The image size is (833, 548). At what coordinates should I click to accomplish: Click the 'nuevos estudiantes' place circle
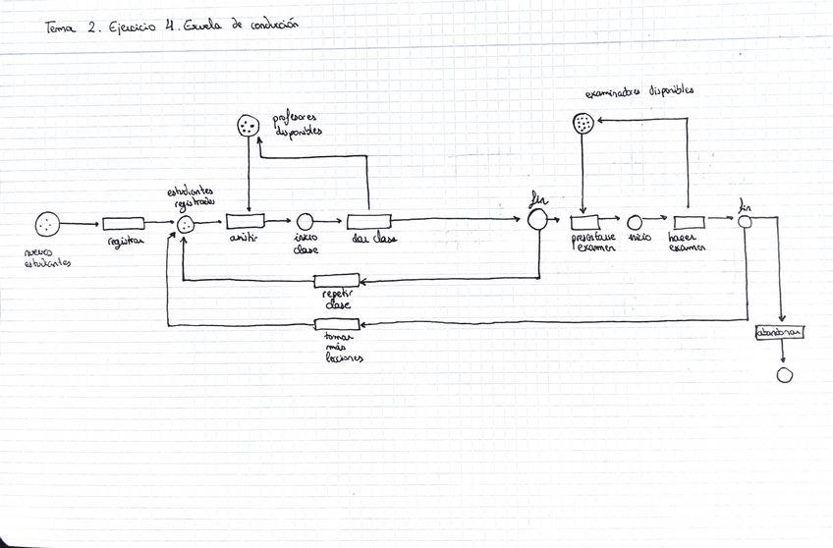[46, 225]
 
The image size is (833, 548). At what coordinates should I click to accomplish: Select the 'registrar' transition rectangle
[124, 224]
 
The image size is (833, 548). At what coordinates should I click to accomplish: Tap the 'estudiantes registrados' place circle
[185, 225]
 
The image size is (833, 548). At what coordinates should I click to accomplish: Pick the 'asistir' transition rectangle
[245, 221]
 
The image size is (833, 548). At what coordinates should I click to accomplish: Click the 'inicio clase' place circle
[305, 222]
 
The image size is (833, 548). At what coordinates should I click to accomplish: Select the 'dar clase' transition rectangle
[368, 221]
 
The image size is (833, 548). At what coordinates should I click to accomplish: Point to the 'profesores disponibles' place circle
[249, 126]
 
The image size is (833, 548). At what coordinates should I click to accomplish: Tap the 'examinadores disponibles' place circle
[583, 123]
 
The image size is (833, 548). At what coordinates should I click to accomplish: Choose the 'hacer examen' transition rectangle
[687, 220]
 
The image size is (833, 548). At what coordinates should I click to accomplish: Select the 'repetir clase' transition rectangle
[337, 281]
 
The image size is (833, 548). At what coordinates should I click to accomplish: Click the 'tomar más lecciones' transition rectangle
[337, 325]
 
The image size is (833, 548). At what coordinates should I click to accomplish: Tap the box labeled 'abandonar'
[780, 332]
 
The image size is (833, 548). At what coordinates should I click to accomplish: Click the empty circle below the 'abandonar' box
[784, 375]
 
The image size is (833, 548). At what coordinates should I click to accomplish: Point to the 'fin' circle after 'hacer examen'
[746, 221]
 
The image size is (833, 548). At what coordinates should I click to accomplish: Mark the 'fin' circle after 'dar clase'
[537, 221]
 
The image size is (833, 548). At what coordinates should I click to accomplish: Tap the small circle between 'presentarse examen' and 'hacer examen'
[636, 222]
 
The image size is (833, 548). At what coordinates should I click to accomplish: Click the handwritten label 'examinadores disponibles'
[639, 90]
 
